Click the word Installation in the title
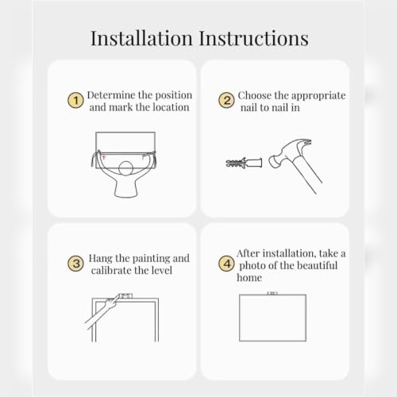pyautogui.click(x=141, y=38)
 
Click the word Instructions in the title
pyautogui.click(x=254, y=38)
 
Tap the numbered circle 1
pyautogui.click(x=75, y=100)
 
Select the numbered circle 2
pyautogui.click(x=226, y=101)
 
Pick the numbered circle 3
pyautogui.click(x=75, y=264)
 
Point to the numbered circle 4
pyautogui.click(x=226, y=264)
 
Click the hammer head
pyautogui.click(x=288, y=152)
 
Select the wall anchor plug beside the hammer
pyautogui.click(x=244, y=162)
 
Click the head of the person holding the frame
pyautogui.click(x=125, y=168)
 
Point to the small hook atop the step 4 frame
pyautogui.click(x=272, y=293)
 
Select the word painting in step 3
pyautogui.click(x=151, y=259)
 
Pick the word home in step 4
pyautogui.click(x=249, y=278)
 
